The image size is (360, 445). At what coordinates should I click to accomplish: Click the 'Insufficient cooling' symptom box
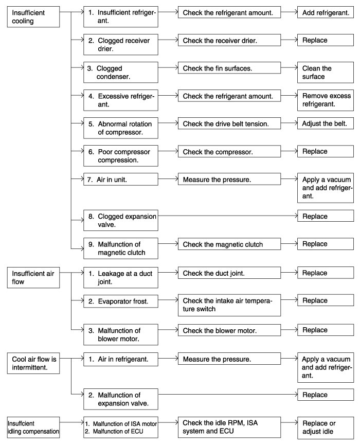(x=33, y=17)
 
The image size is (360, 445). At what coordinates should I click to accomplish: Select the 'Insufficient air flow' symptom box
(x=33, y=278)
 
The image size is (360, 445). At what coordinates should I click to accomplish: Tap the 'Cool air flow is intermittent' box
(x=33, y=363)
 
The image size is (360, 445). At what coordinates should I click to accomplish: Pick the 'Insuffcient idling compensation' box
(x=33, y=428)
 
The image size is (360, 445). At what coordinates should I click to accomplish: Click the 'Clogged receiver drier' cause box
(x=120, y=45)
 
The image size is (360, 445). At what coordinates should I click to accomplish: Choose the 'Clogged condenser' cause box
(x=120, y=73)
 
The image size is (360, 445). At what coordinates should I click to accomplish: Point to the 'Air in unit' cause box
(x=120, y=180)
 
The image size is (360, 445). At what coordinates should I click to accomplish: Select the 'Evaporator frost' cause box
(x=120, y=301)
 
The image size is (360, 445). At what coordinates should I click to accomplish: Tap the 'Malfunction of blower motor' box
(x=120, y=334)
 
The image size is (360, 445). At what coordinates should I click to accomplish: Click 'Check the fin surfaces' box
(x=229, y=68)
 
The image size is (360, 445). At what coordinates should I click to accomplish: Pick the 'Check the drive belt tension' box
(x=229, y=124)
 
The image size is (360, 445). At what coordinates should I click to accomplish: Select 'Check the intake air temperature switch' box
(x=229, y=305)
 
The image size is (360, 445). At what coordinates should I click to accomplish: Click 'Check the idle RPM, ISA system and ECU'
(x=229, y=428)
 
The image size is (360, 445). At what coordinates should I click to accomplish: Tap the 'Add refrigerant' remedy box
(x=326, y=12)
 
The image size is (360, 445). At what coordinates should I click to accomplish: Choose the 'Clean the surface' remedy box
(x=326, y=73)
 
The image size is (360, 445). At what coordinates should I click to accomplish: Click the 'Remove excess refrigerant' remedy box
(x=326, y=100)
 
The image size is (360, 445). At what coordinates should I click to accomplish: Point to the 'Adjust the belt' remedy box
(x=326, y=124)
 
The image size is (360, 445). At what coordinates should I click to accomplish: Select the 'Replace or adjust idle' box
(x=326, y=428)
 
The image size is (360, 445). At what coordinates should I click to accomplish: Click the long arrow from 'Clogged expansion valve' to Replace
(x=227, y=216)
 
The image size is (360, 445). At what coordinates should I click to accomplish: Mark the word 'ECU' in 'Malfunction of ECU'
(x=137, y=432)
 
